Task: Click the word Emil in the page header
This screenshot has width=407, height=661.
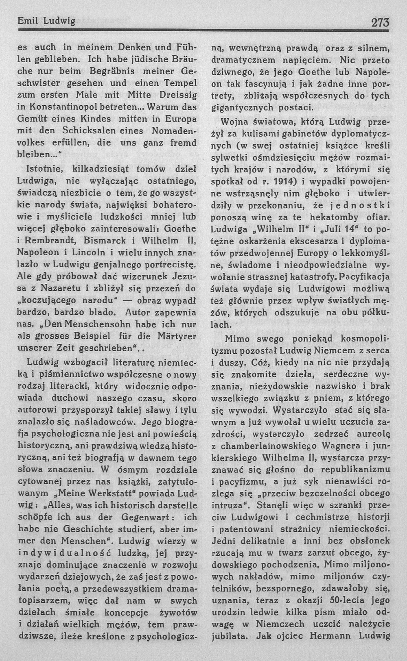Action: [27, 21]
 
